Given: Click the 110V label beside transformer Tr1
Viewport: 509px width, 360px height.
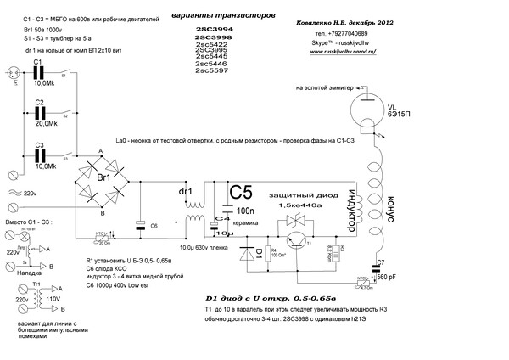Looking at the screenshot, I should (53, 300).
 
